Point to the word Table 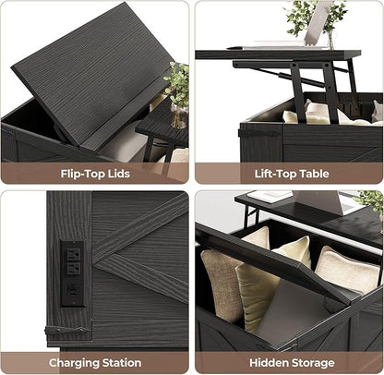click(314, 174)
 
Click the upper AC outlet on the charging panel click(74, 254)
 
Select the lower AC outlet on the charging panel click(74, 269)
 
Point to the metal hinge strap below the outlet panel click(66, 331)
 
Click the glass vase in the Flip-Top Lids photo click(179, 116)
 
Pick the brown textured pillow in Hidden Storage click(221, 284)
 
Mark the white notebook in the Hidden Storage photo click(270, 197)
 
